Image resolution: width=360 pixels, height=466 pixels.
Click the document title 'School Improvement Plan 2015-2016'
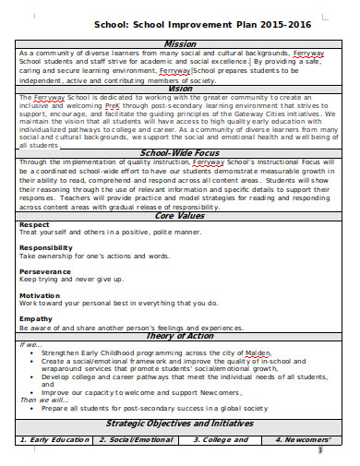click(181, 24)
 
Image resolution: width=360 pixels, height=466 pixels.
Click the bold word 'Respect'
click(34, 224)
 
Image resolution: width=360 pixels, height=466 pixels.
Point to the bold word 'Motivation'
click(40, 294)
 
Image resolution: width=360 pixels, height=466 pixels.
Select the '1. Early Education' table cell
click(58, 439)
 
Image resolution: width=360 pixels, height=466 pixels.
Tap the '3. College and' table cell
click(221, 439)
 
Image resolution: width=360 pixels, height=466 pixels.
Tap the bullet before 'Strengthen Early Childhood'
click(33, 352)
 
